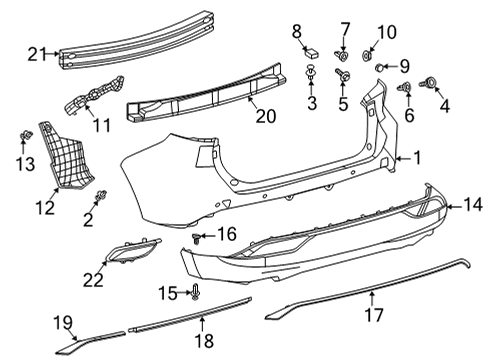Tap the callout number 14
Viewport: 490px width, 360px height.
click(470, 206)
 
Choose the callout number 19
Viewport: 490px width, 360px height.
click(63, 321)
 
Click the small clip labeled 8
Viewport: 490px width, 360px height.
click(311, 50)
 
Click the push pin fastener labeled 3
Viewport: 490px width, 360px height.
click(312, 73)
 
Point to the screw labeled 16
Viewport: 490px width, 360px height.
click(199, 236)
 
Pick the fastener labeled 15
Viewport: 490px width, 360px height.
click(196, 292)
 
